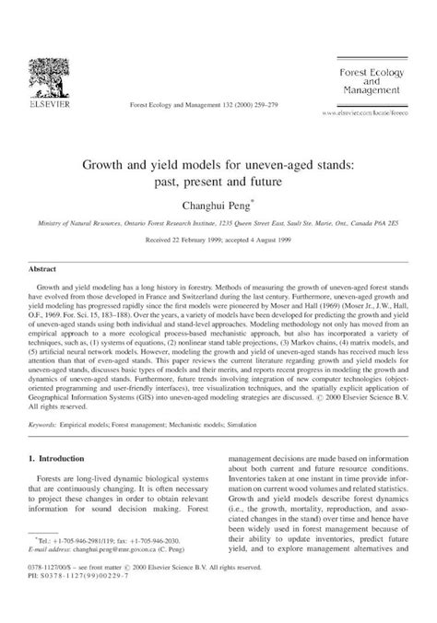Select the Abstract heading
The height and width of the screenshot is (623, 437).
pos(43,268)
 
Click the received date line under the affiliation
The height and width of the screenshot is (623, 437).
pos(218,238)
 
